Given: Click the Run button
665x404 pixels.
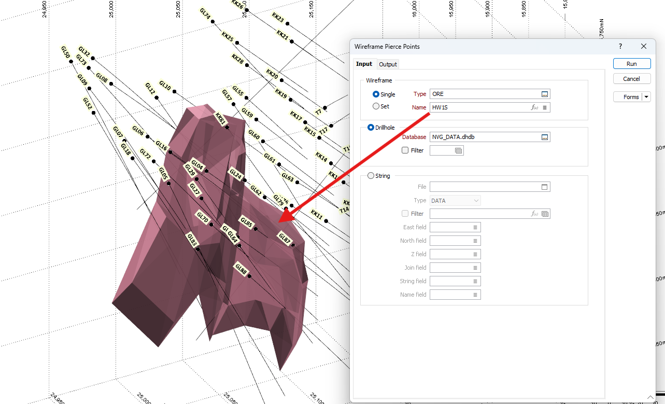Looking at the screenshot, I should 631,64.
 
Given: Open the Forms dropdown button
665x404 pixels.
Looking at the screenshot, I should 646,97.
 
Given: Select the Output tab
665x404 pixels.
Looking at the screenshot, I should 388,64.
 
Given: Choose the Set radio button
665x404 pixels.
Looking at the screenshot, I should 376,106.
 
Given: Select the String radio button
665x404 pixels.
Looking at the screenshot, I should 371,176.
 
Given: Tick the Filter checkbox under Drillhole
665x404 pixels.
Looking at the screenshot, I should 405,150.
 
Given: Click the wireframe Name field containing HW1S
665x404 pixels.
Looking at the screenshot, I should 479,107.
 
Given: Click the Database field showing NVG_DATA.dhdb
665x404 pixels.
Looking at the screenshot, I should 485,137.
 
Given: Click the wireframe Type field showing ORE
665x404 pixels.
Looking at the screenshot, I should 485,94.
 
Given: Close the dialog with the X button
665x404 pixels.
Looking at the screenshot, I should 644,46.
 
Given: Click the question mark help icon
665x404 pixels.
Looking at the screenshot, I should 620,46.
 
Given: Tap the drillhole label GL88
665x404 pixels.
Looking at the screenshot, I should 241,269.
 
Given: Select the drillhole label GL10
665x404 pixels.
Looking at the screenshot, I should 165,86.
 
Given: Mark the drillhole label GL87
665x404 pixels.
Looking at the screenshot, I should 285,238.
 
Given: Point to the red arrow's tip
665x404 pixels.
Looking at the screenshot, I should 280,221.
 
